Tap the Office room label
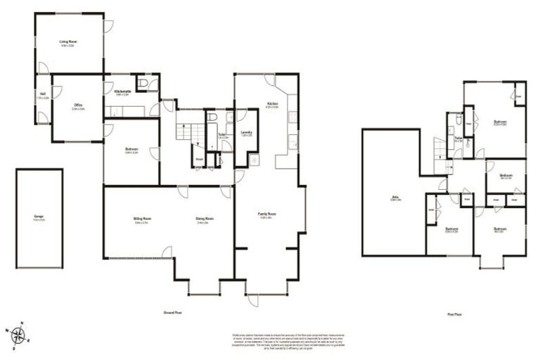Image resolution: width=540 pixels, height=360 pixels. [78, 107]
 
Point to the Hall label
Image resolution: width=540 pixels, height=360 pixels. [43, 94]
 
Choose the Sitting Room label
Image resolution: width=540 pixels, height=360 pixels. [143, 219]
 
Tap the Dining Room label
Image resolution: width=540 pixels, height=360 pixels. [205, 219]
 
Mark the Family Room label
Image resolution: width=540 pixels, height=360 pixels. [266, 214]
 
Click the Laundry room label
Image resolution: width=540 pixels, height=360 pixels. [247, 132]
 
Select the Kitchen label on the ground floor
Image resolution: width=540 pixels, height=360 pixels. [272, 105]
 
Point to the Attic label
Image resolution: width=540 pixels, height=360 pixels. [395, 198]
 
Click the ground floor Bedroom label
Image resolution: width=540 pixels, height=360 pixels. [131, 150]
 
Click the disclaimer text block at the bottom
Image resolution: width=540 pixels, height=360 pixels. [278, 340]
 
